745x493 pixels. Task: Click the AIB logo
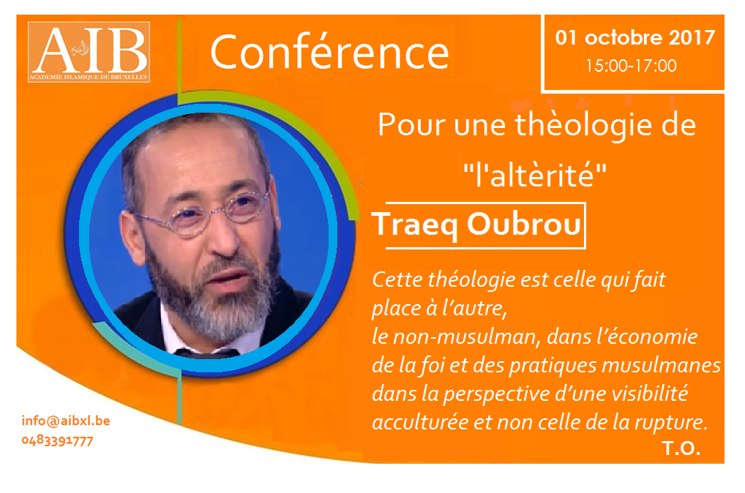coord(89,52)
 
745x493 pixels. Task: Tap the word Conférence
coord(329,52)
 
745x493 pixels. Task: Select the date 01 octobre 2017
coord(634,37)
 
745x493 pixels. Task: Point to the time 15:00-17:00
coord(631,66)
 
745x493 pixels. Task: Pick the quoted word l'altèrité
coord(535,174)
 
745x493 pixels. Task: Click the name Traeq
coord(415,225)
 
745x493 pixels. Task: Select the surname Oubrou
coord(523,224)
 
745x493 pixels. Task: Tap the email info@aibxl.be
coord(66,421)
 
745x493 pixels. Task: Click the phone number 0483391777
coord(58,441)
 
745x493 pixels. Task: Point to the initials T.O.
coord(681,448)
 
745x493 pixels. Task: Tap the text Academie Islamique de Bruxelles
coord(89,77)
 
